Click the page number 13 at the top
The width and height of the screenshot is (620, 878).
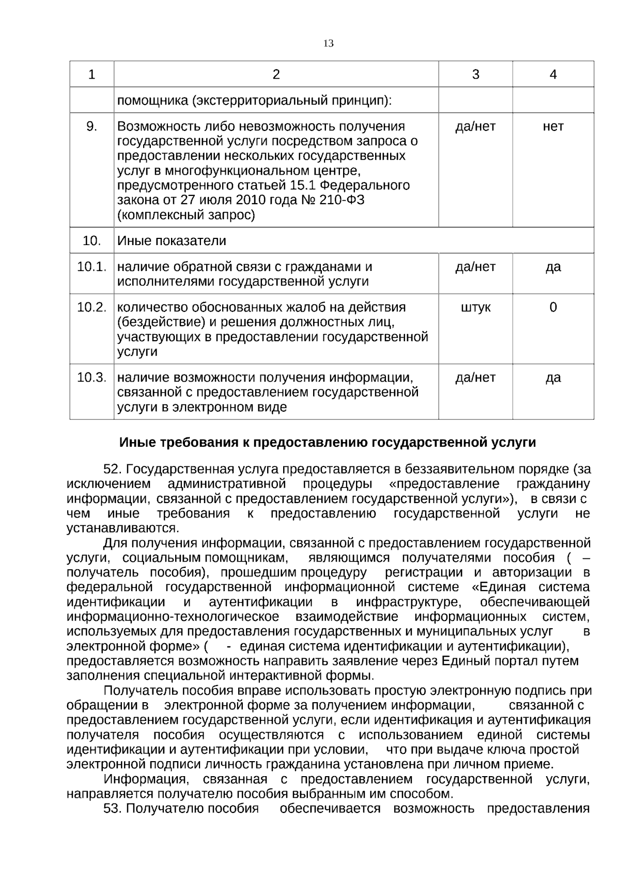point(328,43)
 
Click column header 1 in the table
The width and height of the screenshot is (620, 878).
point(92,74)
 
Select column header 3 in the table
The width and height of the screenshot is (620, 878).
point(475,74)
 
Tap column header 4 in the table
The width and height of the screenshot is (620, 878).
point(553,74)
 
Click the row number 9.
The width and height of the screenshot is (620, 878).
point(91,127)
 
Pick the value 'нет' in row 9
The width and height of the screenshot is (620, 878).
point(553,127)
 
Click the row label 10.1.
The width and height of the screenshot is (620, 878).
point(91,267)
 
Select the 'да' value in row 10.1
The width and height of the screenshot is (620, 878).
point(553,267)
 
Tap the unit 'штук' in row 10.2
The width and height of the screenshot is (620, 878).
point(475,308)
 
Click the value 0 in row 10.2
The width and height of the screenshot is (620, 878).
point(553,308)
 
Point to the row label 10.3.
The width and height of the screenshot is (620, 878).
point(91,377)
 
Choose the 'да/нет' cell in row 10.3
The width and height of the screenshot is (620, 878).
point(475,377)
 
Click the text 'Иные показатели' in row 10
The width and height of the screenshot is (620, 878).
point(172,241)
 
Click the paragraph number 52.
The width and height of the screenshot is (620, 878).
point(112,470)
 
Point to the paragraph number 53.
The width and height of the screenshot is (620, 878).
point(112,809)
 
